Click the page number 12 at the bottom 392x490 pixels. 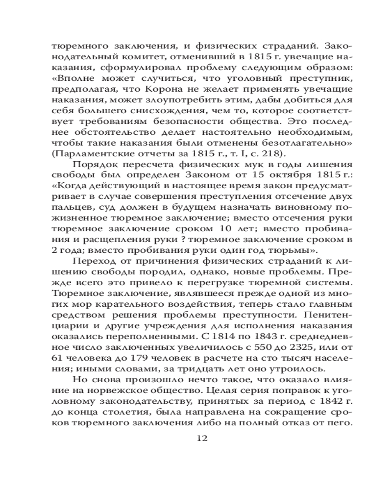point(202,438)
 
